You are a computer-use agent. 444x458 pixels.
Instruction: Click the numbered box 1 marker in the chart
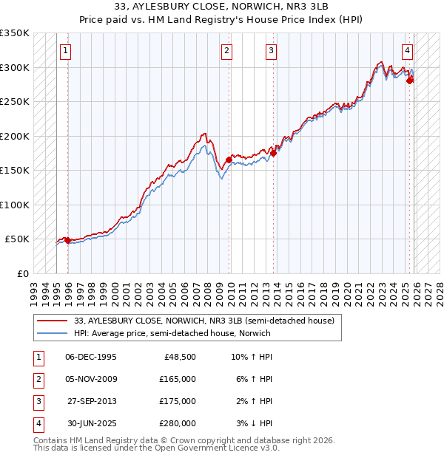[x=67, y=51]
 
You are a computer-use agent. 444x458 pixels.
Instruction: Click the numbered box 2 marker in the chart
[x=226, y=51]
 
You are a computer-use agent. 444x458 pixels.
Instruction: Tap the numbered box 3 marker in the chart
[x=272, y=51]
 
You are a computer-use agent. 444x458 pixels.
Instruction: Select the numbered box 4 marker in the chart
[x=408, y=51]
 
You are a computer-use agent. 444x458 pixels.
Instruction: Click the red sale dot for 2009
[x=229, y=160]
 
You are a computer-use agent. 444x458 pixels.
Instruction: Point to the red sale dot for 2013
[x=273, y=153]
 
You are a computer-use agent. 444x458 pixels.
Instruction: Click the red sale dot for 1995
[x=67, y=240]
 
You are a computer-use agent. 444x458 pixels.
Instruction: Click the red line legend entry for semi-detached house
[x=204, y=321]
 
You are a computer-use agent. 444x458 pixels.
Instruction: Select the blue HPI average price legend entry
[x=172, y=333]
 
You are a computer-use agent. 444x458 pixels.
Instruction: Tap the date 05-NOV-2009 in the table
[x=91, y=379]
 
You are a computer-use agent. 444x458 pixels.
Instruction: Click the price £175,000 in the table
[x=178, y=401]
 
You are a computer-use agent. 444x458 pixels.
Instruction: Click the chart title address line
[x=222, y=9]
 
